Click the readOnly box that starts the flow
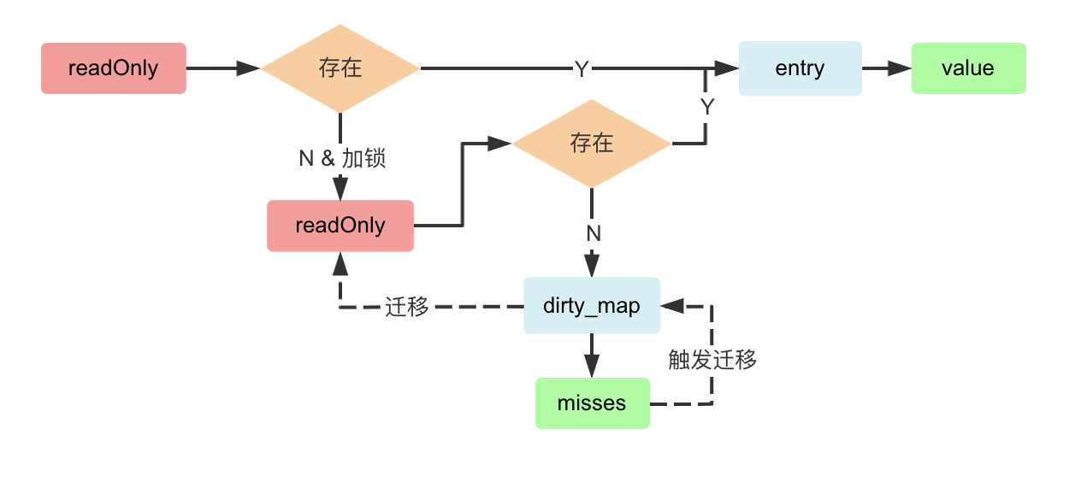(x=114, y=68)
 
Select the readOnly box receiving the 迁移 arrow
(x=340, y=226)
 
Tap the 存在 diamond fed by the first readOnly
(x=340, y=68)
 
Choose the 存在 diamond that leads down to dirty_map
(x=592, y=144)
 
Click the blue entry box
(x=800, y=68)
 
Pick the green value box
(x=968, y=68)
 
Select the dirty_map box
(x=592, y=306)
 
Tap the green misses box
(x=592, y=403)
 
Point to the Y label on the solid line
(x=582, y=69)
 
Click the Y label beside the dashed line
(x=707, y=107)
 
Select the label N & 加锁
(x=340, y=159)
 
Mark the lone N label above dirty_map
(x=593, y=233)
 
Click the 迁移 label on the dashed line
(x=407, y=307)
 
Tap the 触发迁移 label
(x=712, y=360)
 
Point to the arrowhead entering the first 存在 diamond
(x=249, y=68)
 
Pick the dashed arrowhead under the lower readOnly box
(x=340, y=262)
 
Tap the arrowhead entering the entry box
(x=728, y=68)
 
